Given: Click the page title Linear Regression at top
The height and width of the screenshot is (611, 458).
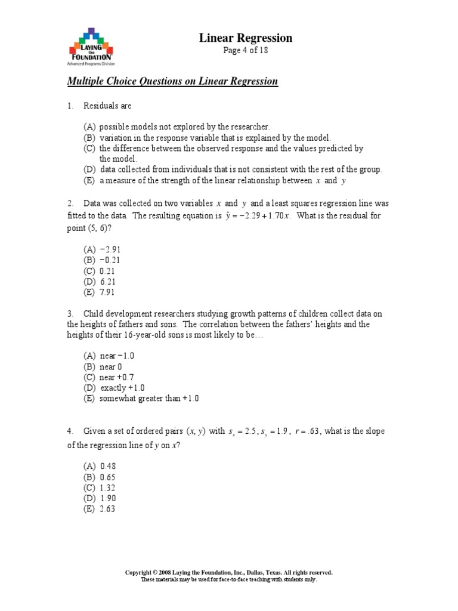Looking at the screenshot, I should [245, 38].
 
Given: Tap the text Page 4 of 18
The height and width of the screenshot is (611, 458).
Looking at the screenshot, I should [245, 51].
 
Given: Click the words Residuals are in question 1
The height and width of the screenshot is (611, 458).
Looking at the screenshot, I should [107, 106].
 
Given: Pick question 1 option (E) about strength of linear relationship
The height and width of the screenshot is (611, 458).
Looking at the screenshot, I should [215, 180].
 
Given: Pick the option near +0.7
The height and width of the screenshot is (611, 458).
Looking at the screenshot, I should [116, 377].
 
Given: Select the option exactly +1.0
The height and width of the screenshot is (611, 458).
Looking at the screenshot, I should [122, 388].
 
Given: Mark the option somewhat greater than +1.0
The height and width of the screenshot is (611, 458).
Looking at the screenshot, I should [149, 399].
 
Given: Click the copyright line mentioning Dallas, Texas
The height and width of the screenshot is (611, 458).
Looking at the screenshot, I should [228, 572].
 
